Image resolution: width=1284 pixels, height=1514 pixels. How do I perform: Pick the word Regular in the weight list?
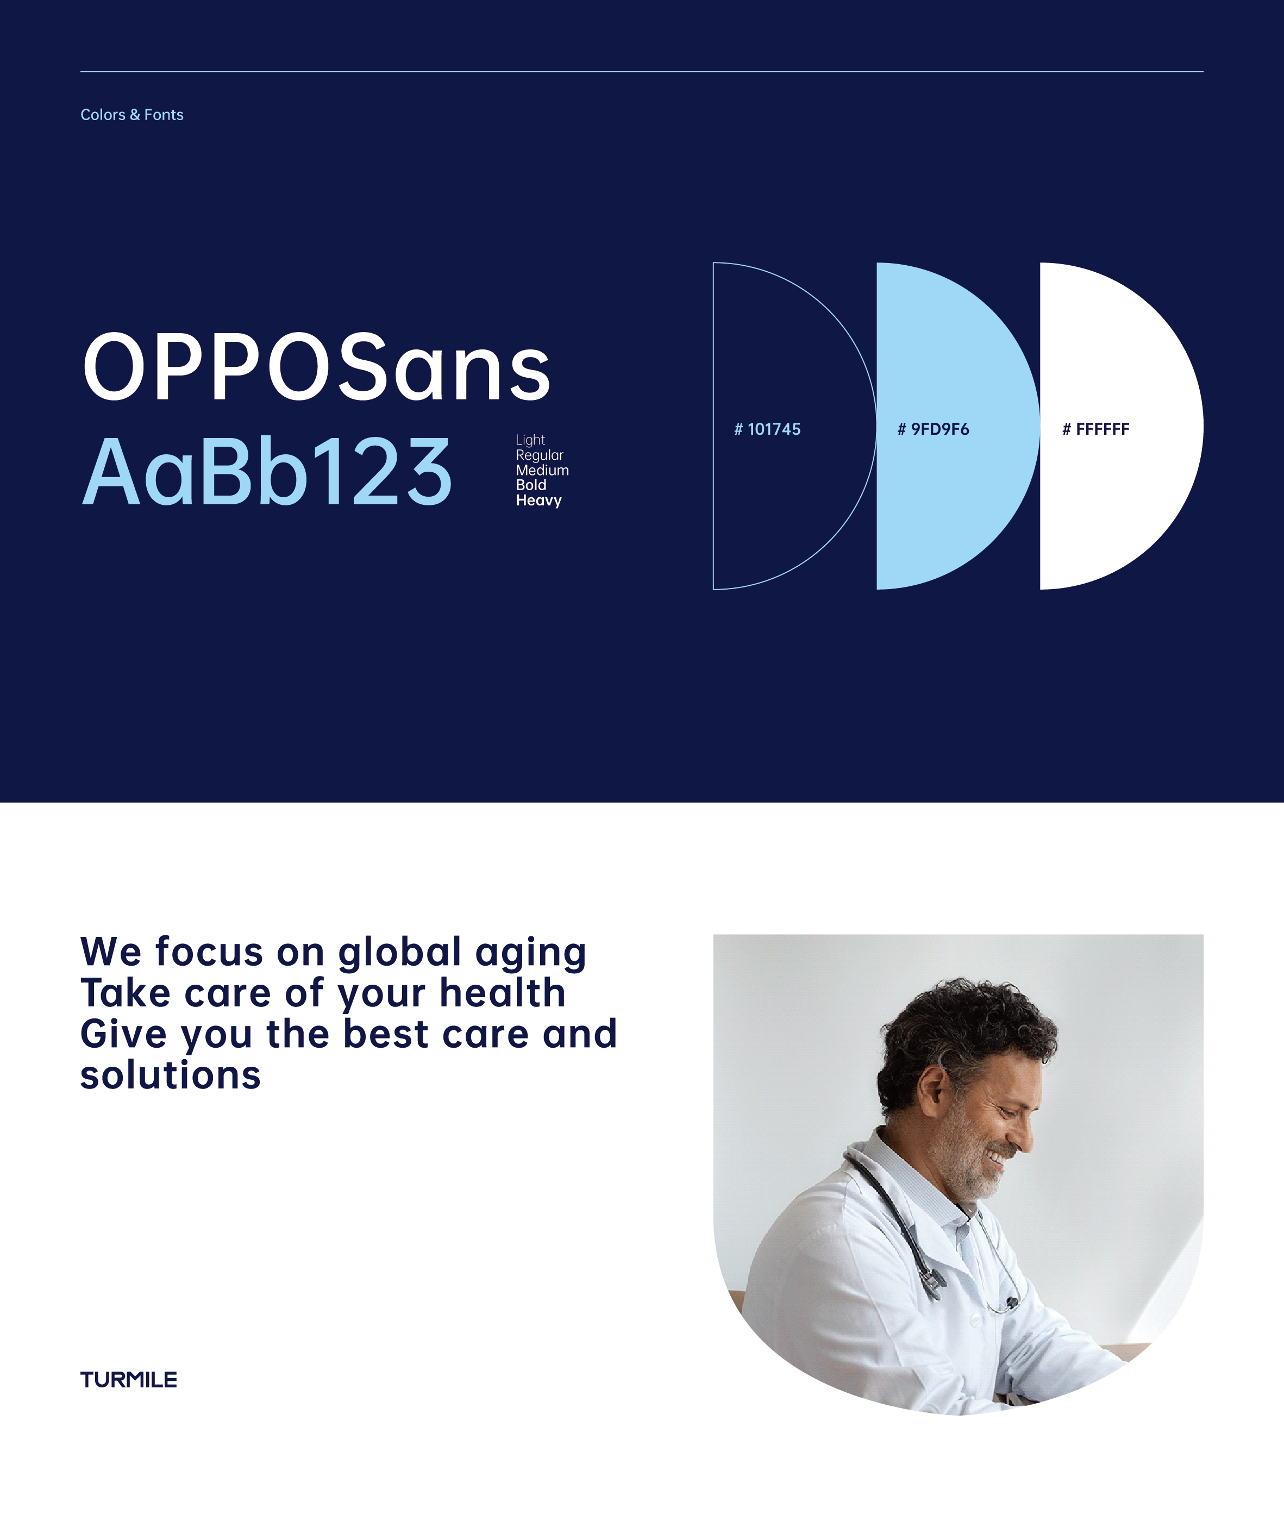point(540,455)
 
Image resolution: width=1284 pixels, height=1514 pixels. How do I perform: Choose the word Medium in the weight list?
point(542,470)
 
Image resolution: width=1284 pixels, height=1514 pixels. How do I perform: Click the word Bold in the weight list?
point(531,485)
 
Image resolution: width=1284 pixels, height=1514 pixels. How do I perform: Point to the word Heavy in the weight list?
point(538,500)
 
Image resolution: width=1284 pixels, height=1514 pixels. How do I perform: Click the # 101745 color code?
point(767,429)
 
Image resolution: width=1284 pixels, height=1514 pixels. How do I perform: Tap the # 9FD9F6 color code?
point(933,429)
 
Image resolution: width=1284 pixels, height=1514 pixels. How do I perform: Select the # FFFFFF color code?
point(1095,429)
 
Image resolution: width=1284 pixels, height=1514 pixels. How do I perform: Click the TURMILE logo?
point(129,1379)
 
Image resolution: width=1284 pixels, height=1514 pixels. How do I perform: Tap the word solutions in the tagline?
point(170,1075)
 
